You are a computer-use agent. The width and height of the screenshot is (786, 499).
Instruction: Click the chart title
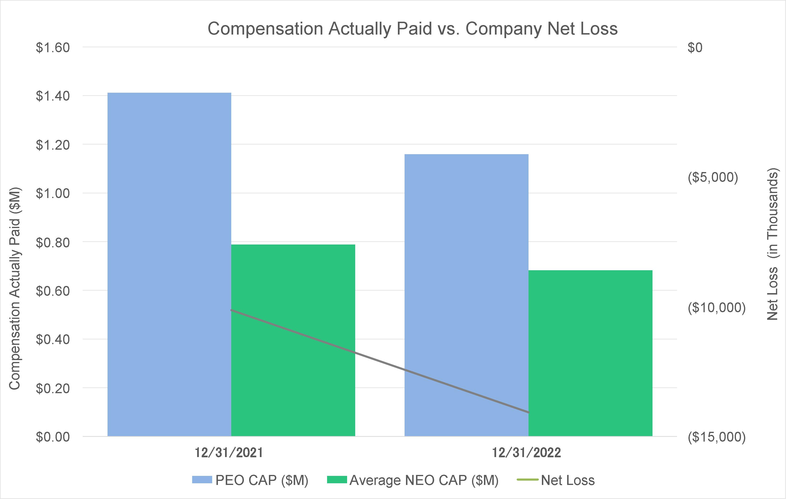point(413,29)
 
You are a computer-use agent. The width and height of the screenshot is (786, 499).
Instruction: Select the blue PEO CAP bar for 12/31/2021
point(170,264)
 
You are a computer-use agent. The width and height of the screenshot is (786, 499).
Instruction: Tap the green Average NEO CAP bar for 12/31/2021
point(293,340)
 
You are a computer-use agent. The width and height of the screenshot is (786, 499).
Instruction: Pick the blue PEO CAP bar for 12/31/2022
point(467,295)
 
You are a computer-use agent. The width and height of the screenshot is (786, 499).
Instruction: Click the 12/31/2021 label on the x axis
point(229,453)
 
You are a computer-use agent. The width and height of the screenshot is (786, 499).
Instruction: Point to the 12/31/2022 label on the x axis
point(526,453)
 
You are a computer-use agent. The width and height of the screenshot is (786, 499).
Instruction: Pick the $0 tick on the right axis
point(695,48)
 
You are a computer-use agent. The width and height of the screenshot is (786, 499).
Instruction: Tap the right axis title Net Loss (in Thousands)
point(772,244)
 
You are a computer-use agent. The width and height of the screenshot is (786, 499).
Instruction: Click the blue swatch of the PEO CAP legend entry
point(202,480)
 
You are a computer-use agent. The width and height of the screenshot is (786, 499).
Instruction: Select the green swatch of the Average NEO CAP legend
point(337,480)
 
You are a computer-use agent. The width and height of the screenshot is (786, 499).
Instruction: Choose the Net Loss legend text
point(568,480)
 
